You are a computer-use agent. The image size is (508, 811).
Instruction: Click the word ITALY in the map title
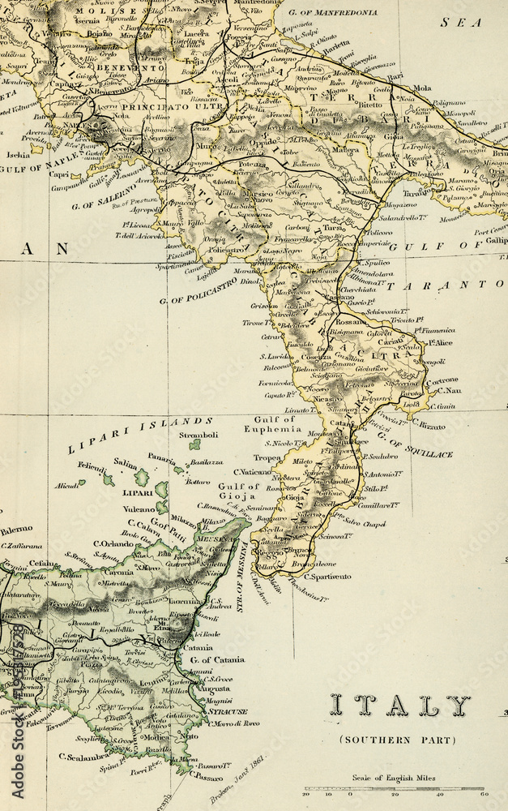pos(400,706)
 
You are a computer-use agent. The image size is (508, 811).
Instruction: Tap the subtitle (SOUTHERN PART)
pos(397,740)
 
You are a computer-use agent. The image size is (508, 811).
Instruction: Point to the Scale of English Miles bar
pos(394,787)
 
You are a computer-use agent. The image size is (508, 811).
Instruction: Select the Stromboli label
pos(199,435)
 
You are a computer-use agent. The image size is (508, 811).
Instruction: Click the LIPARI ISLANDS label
pos(140,436)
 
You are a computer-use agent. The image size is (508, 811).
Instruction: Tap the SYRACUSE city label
pos(228,711)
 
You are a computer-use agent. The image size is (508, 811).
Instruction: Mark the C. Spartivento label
pos(327,577)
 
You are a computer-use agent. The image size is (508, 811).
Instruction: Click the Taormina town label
pos(186,603)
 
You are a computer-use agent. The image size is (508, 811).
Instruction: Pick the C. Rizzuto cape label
pos(429,423)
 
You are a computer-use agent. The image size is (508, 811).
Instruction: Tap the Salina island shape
pos(143,476)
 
